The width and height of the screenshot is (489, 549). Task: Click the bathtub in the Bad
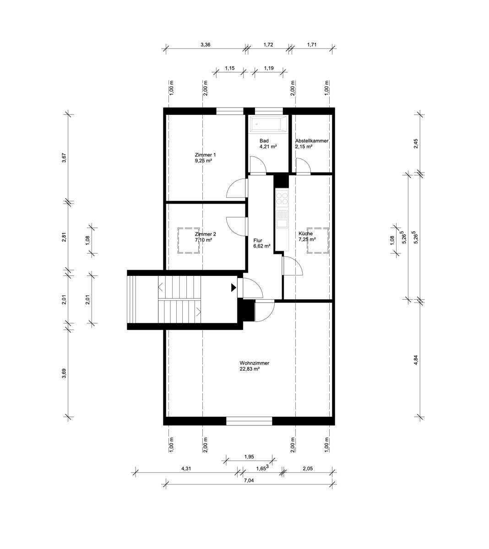click(268, 124)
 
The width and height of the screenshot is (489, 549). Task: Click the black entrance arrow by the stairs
click(234, 287)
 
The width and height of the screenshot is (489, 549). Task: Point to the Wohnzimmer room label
click(254, 363)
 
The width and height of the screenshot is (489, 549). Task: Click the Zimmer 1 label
click(205, 155)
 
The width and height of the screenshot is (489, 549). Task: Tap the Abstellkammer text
click(312, 141)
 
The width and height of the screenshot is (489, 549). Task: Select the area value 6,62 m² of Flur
click(262, 246)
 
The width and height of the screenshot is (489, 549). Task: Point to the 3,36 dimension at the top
click(205, 45)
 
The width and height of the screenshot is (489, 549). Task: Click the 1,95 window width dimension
click(249, 457)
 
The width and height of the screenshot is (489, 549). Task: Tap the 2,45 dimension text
click(416, 144)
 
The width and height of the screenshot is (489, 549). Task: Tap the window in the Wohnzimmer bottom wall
click(249, 421)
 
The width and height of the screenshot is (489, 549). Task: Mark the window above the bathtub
click(269, 111)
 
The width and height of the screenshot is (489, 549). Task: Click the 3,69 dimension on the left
click(64, 373)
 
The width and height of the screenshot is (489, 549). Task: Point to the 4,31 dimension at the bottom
click(186, 468)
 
